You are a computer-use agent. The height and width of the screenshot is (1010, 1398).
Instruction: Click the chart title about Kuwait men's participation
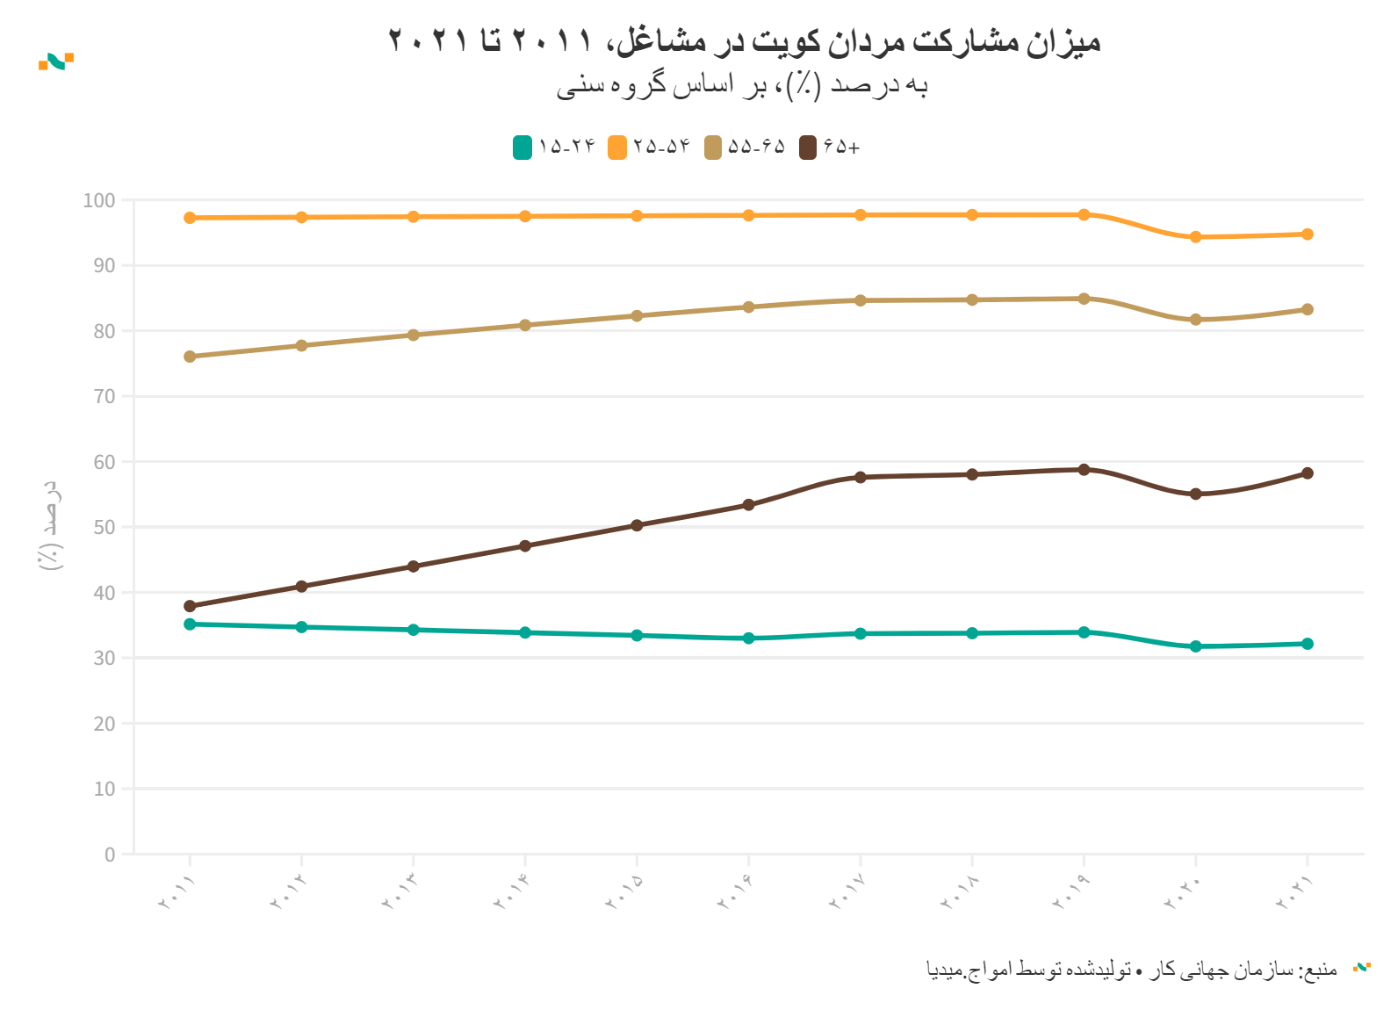click(744, 41)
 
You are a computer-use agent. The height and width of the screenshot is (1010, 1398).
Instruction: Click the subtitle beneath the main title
click(742, 85)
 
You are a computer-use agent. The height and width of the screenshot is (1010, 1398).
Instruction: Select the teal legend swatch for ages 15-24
click(522, 148)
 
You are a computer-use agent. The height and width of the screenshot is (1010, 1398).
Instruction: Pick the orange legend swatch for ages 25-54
click(617, 148)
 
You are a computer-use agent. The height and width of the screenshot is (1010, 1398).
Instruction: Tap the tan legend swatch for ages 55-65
click(712, 148)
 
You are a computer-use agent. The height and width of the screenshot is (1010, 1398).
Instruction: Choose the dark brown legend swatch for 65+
click(808, 148)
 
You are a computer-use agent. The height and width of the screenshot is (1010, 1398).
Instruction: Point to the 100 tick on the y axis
click(99, 200)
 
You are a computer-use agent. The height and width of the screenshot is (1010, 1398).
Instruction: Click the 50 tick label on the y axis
click(104, 527)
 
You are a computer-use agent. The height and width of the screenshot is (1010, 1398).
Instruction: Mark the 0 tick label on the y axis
click(110, 855)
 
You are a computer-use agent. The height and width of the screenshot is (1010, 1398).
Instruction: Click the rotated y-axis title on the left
click(51, 525)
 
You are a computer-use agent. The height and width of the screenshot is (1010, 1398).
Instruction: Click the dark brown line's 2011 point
click(190, 606)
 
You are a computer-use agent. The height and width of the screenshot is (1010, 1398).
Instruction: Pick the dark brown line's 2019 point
click(1084, 470)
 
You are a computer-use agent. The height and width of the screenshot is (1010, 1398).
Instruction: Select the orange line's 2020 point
click(1195, 237)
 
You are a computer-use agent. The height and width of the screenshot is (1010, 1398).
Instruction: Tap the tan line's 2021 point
click(1308, 309)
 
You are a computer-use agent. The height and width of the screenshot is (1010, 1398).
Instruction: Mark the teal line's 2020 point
click(1195, 646)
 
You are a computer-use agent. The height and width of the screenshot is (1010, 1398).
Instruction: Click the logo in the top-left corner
click(56, 61)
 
